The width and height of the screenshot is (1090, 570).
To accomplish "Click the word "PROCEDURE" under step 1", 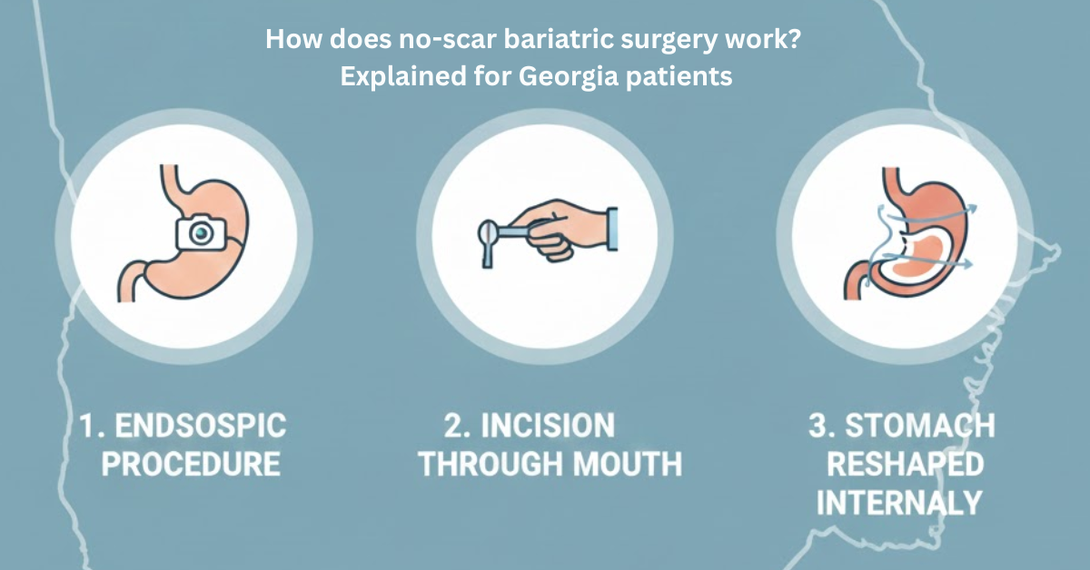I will click(190, 466).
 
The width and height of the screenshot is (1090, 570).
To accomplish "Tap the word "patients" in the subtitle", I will click(677, 77).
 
